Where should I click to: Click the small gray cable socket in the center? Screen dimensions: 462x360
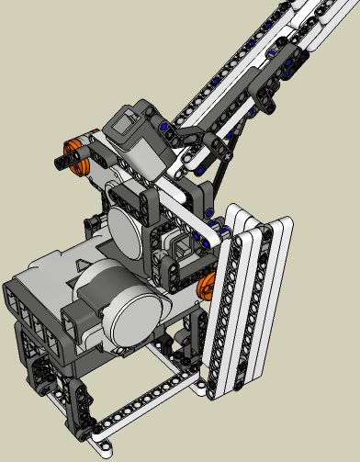(x=178, y=246)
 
